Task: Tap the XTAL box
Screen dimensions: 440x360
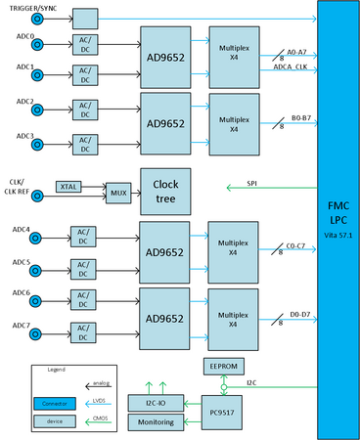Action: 68,186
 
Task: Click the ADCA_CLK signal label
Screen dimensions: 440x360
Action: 292,67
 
